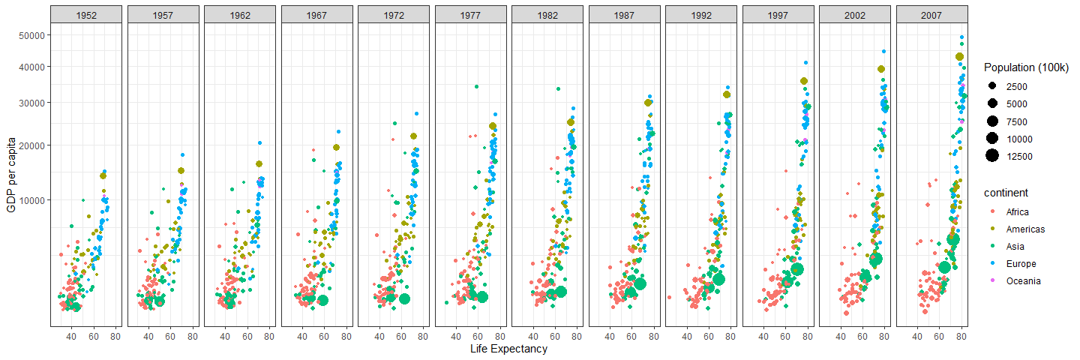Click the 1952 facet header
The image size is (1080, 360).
point(85,14)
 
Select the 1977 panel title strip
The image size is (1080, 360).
point(469,14)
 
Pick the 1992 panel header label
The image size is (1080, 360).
point(700,14)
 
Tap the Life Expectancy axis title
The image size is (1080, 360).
point(508,349)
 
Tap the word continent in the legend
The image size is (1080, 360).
point(1006,193)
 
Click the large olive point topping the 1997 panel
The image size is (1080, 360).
point(804,81)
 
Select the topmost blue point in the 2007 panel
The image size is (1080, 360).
point(961,37)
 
